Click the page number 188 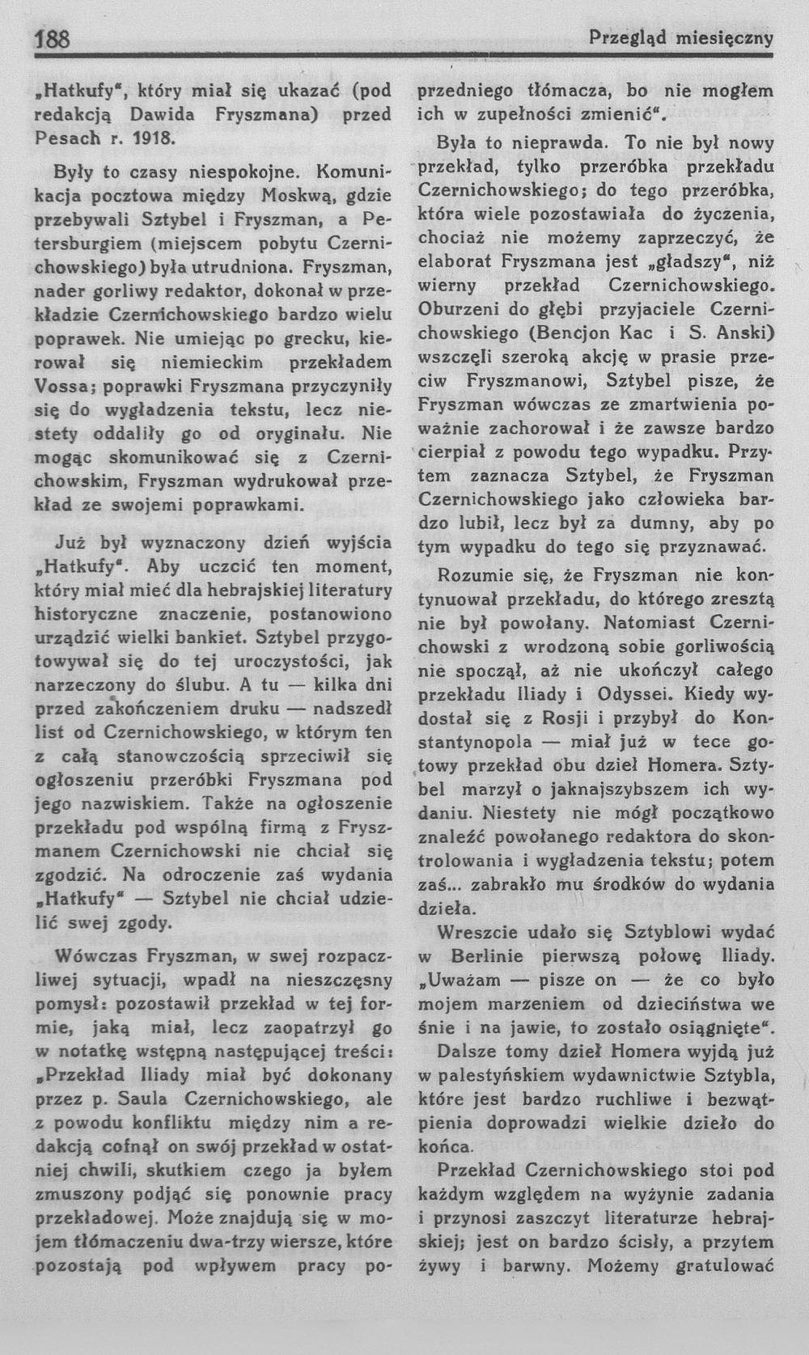coord(51,39)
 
